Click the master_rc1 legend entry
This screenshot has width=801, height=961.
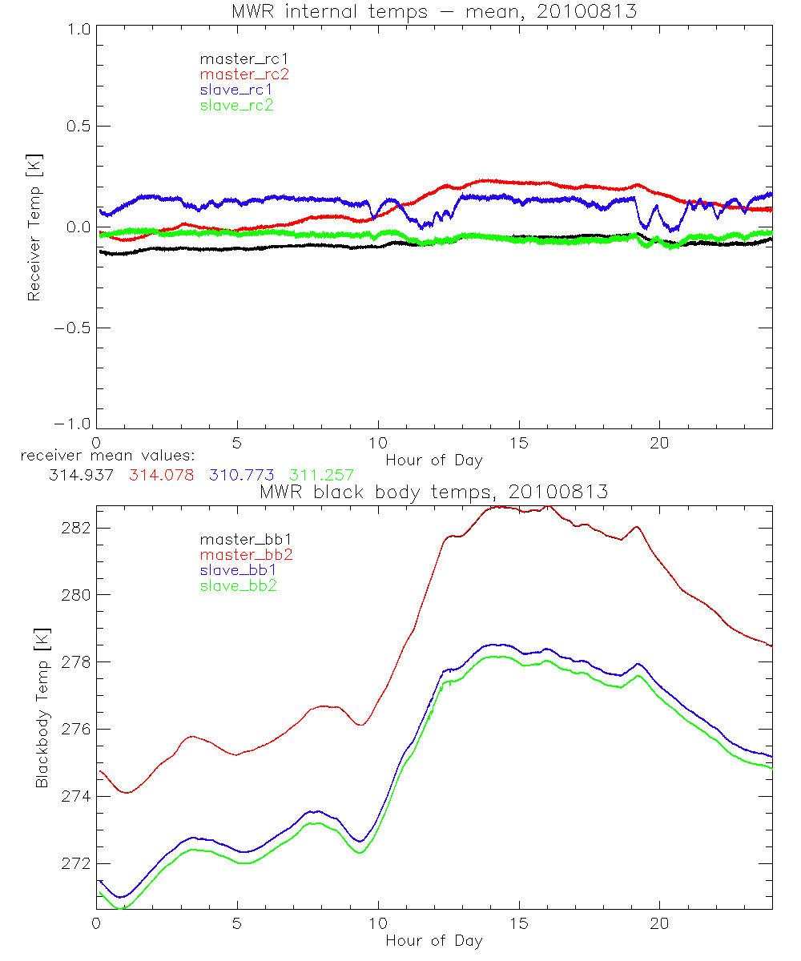click(x=237, y=58)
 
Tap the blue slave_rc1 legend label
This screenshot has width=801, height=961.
click(x=236, y=90)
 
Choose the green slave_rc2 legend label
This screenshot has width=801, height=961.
click(x=236, y=105)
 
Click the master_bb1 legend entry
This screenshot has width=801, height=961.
click(x=239, y=541)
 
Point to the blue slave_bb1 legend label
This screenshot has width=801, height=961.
click(x=238, y=571)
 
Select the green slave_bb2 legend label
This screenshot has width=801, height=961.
click(x=238, y=586)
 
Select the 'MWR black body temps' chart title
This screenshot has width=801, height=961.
click(x=434, y=493)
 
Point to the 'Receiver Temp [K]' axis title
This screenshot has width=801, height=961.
click(x=34, y=227)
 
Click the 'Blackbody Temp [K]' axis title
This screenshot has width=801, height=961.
click(x=42, y=707)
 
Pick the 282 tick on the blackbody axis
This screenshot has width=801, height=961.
click(x=78, y=529)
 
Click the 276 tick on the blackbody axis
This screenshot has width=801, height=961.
click(x=78, y=730)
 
